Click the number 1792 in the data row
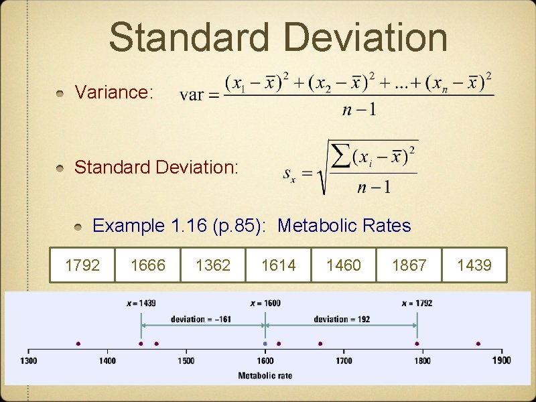(82, 265)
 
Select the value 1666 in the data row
(147, 265)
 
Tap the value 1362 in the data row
(213, 265)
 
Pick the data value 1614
(278, 265)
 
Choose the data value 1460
(343, 265)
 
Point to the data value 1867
(409, 265)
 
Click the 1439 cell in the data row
(474, 265)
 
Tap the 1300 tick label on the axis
(29, 361)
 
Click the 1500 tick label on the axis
(186, 361)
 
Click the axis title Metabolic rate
(265, 375)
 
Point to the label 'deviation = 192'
(342, 319)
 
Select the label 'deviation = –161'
(201, 319)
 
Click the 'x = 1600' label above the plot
(265, 303)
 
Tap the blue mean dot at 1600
(265, 344)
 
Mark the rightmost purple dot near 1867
(478, 344)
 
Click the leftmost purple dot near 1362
(78, 344)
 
